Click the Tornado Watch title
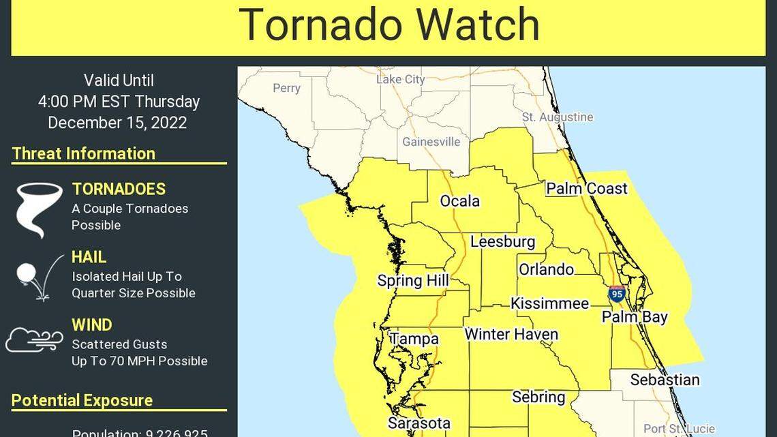[x=388, y=25]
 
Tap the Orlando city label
[x=546, y=269]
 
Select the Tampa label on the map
[x=414, y=339]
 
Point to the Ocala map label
[x=459, y=201]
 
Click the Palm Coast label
[x=586, y=188]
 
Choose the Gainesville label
[x=431, y=142]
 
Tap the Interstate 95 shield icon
[x=617, y=294]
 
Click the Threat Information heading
[x=83, y=153]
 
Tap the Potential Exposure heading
[x=82, y=400]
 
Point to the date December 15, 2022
[x=117, y=123]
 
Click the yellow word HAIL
[x=89, y=257]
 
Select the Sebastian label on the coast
[x=665, y=380]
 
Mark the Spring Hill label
[x=413, y=281]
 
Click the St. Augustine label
[x=558, y=117]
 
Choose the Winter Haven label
[x=511, y=334]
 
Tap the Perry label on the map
[x=286, y=88]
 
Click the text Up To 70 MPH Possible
[x=139, y=361]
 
